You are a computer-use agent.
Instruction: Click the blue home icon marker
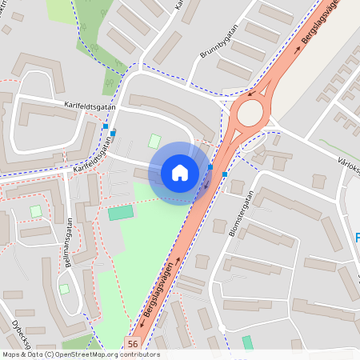(x=179, y=172)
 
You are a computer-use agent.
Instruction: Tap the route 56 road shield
(x=133, y=343)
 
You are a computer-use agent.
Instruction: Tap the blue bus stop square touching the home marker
(x=210, y=167)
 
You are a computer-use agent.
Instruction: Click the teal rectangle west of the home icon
(x=122, y=213)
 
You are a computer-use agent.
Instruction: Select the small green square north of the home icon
(x=154, y=141)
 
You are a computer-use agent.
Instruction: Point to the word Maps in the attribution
(x=12, y=354)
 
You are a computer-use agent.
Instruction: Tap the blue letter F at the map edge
(x=357, y=237)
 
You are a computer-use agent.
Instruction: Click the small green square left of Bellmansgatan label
(x=35, y=210)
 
